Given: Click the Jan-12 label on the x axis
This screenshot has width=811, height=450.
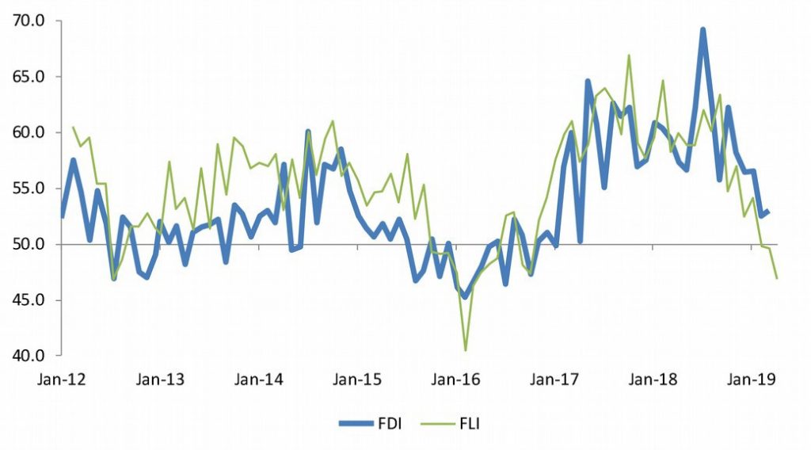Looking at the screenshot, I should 62,379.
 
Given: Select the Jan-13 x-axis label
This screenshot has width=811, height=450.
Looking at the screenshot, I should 160,379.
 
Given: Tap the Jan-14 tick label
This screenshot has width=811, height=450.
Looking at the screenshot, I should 259,379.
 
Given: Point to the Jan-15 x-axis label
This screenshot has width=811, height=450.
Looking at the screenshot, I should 358,379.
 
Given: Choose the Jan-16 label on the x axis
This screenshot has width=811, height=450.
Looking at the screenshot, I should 456,379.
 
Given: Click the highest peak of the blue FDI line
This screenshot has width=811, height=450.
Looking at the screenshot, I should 702,30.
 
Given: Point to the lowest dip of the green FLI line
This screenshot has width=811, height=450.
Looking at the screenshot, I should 465,349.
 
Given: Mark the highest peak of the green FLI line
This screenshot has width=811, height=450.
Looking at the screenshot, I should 629,55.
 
